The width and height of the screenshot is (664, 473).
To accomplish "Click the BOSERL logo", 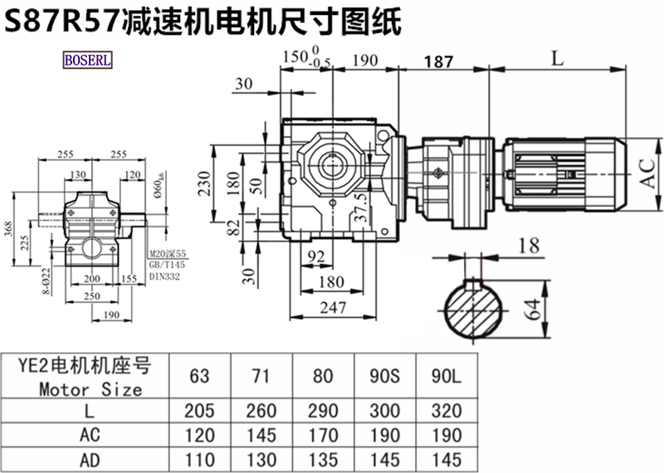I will pos(87,61).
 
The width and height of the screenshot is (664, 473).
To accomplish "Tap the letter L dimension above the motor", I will pos(557,58).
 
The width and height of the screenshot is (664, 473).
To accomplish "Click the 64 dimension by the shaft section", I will pos(535,310).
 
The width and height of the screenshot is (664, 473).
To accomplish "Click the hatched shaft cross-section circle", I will pos(475,310).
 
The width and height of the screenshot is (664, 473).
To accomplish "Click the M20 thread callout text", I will pos(168,255).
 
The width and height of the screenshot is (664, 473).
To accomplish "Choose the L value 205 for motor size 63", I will pos(199,411).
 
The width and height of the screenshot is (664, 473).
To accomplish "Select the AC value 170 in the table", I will pos(322,436).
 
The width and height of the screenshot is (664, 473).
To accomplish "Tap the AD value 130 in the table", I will pos(261,460).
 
